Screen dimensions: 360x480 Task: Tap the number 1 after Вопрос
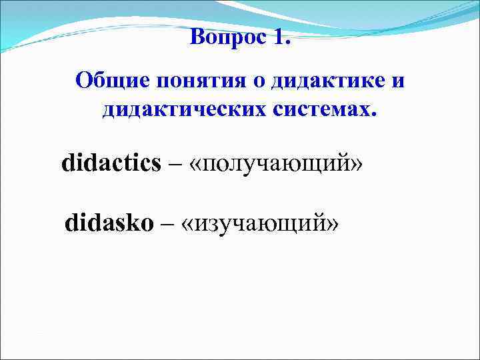coord(277,36)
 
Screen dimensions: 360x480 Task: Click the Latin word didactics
coord(111,163)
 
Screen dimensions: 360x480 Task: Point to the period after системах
coord(373,113)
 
